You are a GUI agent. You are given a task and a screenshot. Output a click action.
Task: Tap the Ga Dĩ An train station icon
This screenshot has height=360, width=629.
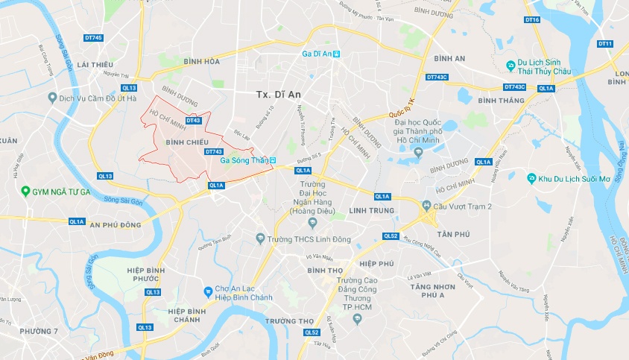coord(337,54)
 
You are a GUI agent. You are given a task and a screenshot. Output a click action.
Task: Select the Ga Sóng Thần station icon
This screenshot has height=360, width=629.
coord(273,160)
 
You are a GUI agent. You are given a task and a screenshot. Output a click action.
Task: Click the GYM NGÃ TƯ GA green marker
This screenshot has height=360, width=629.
coord(25,192)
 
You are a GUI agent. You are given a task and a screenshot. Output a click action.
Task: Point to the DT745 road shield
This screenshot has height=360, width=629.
coord(94,38)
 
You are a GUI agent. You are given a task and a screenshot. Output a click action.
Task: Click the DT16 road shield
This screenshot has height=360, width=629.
coord(532,19)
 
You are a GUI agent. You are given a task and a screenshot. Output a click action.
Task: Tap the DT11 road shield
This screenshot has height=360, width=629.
coord(604,44)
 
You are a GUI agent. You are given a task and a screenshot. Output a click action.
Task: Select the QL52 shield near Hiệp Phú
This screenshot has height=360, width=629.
coord(391,236)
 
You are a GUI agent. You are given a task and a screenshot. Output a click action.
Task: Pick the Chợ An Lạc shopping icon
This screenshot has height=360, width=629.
coord(209,291)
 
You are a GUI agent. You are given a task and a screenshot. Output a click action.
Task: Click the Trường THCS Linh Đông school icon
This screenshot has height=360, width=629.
coord(260,239)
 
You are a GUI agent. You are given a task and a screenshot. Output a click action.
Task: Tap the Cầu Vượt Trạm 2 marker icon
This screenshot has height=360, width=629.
coord(426,205)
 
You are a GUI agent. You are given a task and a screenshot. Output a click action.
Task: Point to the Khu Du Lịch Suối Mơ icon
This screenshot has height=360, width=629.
coord(531,179)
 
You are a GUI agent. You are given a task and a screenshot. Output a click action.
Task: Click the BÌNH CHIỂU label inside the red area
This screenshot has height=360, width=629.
coord(186,141)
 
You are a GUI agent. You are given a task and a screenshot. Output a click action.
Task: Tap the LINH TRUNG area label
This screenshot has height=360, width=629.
coord(368,211)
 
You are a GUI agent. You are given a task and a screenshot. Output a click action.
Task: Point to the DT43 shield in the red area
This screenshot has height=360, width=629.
coord(193,120)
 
